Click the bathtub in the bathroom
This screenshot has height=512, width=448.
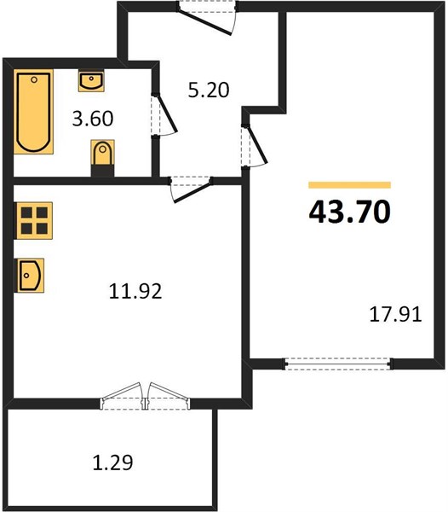click(33, 112)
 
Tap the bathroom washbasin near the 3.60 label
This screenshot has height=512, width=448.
click(91, 81)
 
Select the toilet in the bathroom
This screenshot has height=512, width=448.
click(103, 153)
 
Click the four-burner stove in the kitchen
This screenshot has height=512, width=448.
click(34, 221)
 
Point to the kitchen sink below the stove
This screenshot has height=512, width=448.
click(31, 276)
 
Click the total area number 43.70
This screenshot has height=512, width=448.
click(349, 212)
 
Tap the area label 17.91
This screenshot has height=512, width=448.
click(395, 315)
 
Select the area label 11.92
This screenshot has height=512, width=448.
click(135, 291)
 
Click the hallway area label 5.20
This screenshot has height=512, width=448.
click(209, 90)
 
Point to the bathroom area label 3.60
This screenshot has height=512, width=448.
click(93, 119)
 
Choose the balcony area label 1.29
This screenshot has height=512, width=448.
click(113, 463)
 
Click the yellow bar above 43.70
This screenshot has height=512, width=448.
click(349, 185)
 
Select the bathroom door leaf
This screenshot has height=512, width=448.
click(167, 113)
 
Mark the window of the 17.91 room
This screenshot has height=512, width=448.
click(337, 364)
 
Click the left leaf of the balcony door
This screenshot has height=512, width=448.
click(121, 392)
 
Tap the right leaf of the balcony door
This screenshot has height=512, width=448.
click(168, 392)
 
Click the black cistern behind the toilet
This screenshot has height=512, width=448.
click(103, 171)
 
